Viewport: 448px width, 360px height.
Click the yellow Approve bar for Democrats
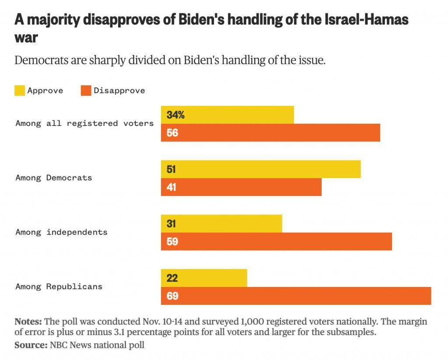[x=261, y=169]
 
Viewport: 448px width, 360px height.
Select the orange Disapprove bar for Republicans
[x=296, y=296]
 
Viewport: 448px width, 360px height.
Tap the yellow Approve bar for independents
[x=221, y=224]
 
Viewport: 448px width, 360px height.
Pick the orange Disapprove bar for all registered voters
[x=270, y=133]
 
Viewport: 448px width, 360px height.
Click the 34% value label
[x=175, y=115]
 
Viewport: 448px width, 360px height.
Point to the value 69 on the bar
[x=172, y=296]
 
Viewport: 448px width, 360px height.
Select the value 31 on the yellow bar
[x=171, y=224]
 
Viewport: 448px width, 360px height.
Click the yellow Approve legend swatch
[x=20, y=91]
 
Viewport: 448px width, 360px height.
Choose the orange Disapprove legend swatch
[x=86, y=91]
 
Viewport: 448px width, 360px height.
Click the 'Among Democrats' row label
[x=54, y=178]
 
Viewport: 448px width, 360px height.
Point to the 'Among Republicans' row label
[x=59, y=287]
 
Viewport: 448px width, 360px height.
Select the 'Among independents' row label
[x=61, y=232]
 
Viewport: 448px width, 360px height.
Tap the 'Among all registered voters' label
[x=84, y=123]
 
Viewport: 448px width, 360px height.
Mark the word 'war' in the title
[x=26, y=37]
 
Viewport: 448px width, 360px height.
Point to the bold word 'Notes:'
[x=28, y=322]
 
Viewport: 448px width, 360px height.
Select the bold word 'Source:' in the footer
[x=31, y=345]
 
